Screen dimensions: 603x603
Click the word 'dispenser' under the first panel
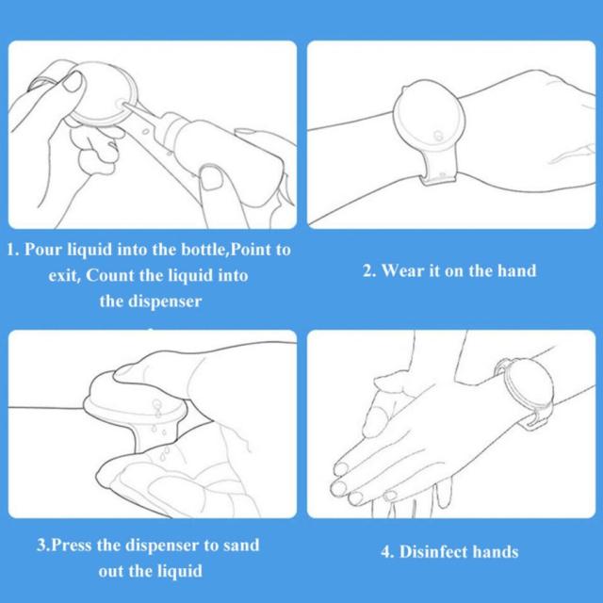pos(165,301)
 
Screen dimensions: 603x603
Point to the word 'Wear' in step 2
pos(403,270)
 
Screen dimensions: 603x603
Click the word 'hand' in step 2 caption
pos(516,270)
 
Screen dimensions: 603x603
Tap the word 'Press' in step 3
pos(72,545)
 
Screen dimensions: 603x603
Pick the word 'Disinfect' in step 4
pos(433,552)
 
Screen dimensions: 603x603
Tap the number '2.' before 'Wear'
pos(369,270)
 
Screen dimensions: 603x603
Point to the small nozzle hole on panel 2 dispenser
pos(438,136)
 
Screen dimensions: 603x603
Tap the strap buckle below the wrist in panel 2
pos(438,178)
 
